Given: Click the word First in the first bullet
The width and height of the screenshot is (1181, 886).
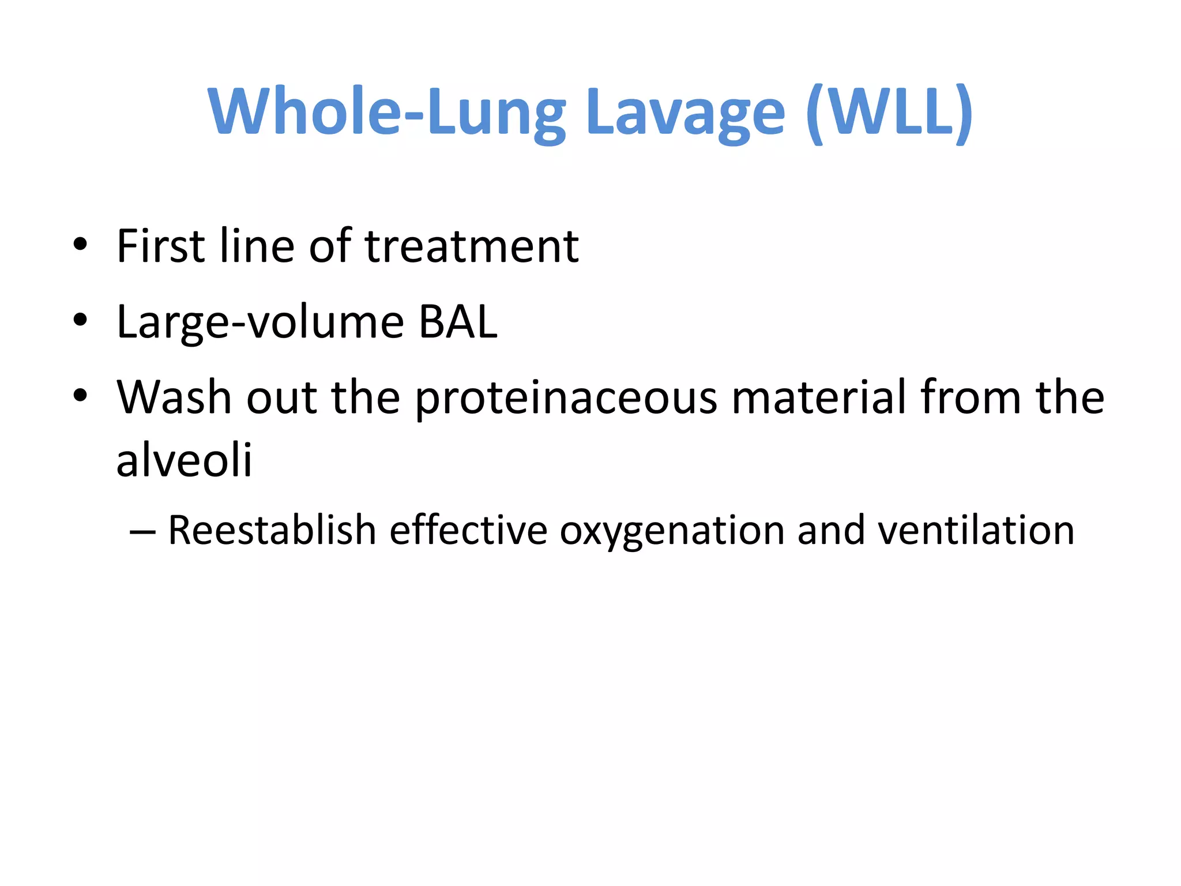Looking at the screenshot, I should click(x=161, y=246).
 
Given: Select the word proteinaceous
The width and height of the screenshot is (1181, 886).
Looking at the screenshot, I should click(x=566, y=397).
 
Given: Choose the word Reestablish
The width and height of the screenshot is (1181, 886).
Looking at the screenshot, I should click(x=272, y=530).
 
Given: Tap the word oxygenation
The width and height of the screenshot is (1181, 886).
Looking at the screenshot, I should click(x=672, y=530).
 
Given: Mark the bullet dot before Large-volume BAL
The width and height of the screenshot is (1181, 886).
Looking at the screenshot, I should click(x=80, y=320).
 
